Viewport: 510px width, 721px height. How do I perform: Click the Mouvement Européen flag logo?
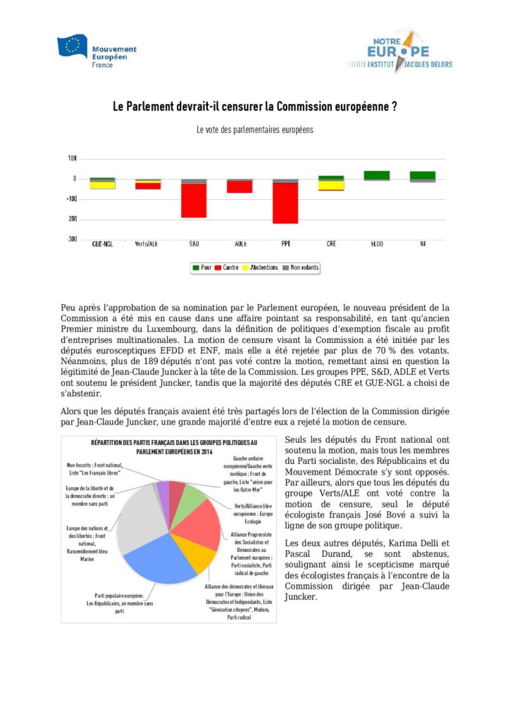click(x=72, y=47)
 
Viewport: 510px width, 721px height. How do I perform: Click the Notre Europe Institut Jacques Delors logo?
click(x=399, y=51)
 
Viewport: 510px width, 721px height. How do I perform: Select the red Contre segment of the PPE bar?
click(x=286, y=203)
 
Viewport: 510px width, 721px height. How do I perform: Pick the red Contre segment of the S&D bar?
click(x=194, y=201)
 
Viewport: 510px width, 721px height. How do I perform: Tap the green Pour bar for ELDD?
click(x=377, y=175)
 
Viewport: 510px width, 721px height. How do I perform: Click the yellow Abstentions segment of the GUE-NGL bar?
click(x=102, y=186)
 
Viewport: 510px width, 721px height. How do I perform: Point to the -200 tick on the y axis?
click(x=72, y=219)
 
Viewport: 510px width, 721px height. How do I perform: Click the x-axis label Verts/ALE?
click(x=148, y=244)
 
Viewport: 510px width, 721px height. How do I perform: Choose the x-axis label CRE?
click(x=331, y=244)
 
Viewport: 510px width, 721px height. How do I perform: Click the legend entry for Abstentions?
click(x=259, y=268)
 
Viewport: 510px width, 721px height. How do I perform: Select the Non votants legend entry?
click(x=301, y=268)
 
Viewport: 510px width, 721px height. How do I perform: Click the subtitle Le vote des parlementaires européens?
click(x=255, y=130)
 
